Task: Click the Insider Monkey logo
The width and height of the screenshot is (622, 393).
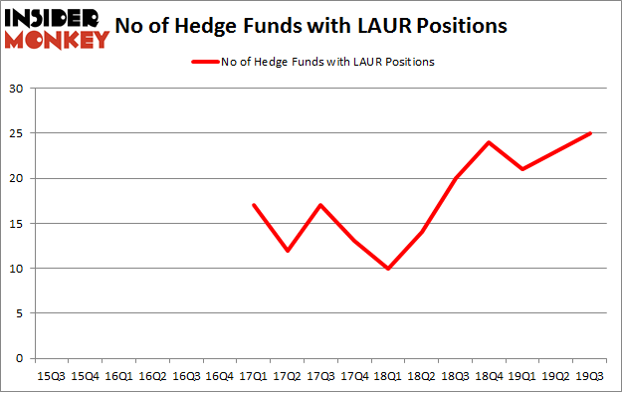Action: coord(58,28)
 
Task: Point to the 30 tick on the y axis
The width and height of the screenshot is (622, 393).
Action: coord(18,89)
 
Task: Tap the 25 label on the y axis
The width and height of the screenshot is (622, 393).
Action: coord(18,133)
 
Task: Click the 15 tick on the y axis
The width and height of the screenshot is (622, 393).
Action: coord(18,224)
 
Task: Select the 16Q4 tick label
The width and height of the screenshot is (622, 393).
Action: coord(221,376)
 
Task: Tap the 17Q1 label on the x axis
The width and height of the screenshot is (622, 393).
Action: coord(256,376)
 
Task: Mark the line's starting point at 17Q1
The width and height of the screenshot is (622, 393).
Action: coord(256,205)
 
